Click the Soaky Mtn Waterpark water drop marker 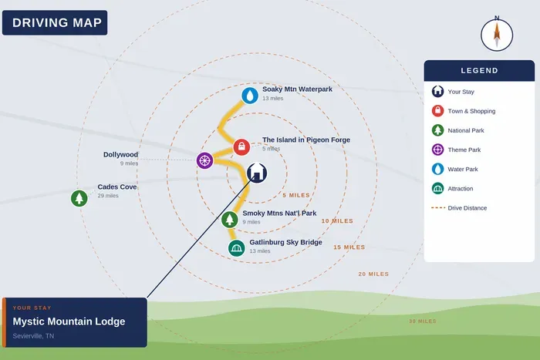(250, 96)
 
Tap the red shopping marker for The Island (241, 147)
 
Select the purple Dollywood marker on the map (205, 160)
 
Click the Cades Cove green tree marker (79, 198)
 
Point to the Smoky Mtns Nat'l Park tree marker (230, 219)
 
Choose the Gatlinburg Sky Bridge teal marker (237, 247)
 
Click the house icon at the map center (257, 173)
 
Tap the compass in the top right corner (497, 35)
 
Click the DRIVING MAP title (57, 22)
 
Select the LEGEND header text (479, 71)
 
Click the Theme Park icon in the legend (437, 150)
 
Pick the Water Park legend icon (437, 169)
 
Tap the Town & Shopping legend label (471, 111)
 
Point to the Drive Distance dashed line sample (438, 208)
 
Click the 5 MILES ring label (296, 195)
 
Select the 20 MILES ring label (373, 274)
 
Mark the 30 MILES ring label (423, 321)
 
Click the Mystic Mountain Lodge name (69, 321)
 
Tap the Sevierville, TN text (33, 336)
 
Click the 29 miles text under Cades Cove (108, 196)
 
